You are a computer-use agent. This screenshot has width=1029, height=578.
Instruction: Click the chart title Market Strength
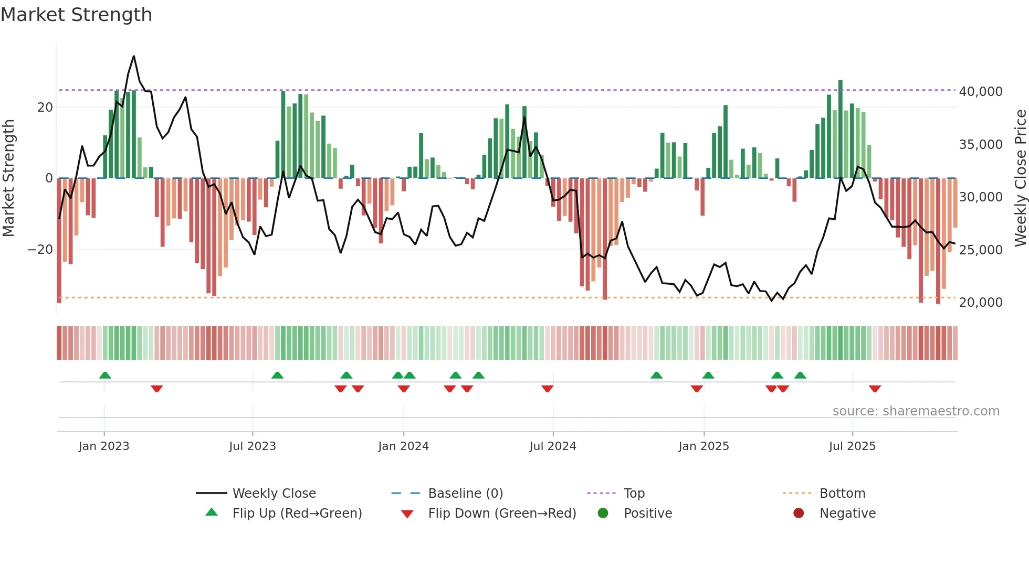pyautogui.click(x=76, y=15)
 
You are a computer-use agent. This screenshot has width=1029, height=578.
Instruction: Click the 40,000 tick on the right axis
pyautogui.click(x=980, y=92)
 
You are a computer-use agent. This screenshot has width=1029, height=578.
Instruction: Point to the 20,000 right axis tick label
pyautogui.click(x=980, y=303)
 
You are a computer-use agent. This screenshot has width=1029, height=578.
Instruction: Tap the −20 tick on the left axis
pyautogui.click(x=40, y=250)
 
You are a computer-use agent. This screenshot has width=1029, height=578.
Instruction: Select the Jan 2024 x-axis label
pyautogui.click(x=403, y=446)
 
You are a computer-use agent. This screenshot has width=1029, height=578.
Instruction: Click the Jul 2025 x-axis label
pyautogui.click(x=852, y=446)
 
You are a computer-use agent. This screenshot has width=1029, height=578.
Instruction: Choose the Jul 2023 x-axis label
pyautogui.click(x=252, y=446)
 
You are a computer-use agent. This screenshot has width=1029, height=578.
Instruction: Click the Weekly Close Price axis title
pyautogui.click(x=1020, y=178)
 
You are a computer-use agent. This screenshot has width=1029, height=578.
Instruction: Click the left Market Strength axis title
pyautogui.click(x=8, y=178)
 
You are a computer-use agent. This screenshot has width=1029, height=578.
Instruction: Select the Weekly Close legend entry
pyautogui.click(x=274, y=494)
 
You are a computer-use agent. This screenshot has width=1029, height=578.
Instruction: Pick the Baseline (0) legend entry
pyautogui.click(x=465, y=494)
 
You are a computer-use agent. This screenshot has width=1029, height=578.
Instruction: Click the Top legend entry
pyautogui.click(x=634, y=494)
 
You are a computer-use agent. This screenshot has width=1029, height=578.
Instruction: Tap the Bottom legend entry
pyautogui.click(x=842, y=494)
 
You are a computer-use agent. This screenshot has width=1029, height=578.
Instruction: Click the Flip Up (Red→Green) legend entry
pyautogui.click(x=297, y=513)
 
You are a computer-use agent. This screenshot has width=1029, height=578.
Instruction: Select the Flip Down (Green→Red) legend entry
pyautogui.click(x=501, y=513)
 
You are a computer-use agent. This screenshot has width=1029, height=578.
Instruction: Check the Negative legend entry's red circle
pyautogui.click(x=799, y=513)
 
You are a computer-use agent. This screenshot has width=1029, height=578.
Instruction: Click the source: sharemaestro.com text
pyautogui.click(x=916, y=411)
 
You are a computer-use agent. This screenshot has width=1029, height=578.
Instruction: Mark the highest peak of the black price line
pyautogui.click(x=134, y=56)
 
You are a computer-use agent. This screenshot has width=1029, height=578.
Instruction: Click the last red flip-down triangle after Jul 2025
pyautogui.click(x=875, y=389)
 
